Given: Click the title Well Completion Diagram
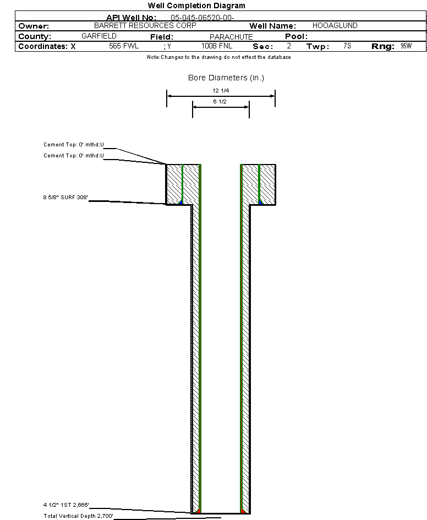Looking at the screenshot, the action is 196,6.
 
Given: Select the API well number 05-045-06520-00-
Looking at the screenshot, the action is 202,18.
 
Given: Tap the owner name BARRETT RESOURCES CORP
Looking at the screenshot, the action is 145,25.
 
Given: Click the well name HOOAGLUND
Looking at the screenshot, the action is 335,25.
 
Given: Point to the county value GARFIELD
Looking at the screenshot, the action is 99,36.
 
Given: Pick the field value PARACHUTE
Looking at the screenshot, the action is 231,37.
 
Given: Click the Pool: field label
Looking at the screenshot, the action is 297,36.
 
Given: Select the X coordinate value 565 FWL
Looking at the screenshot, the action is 124,46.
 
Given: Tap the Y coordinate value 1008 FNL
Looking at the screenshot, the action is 217,46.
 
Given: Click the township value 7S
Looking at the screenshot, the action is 347,46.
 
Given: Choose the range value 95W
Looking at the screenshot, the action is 406,46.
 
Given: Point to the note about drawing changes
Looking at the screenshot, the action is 219,57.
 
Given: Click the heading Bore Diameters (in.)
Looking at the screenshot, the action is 226,78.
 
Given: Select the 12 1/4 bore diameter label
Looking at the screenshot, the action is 221,91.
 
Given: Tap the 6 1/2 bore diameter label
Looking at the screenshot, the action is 220,101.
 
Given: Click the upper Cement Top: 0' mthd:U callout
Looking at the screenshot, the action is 74,145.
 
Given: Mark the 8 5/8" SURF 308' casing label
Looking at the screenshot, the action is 65,198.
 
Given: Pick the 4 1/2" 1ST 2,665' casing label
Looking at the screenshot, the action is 66,505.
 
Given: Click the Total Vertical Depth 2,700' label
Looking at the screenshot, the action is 79,516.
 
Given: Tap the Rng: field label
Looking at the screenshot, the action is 383,46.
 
